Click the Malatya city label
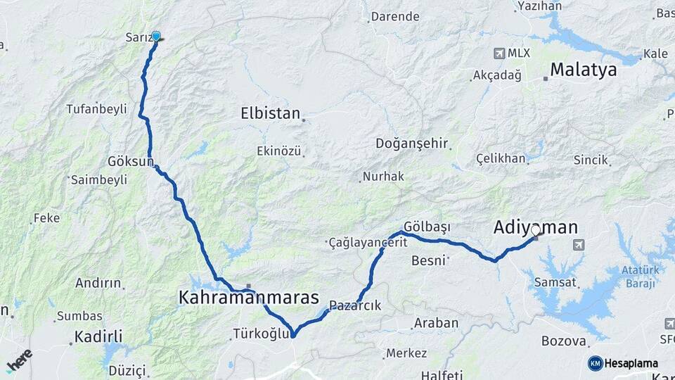click(583, 70)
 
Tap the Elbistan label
click(270, 113)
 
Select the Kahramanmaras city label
click(249, 298)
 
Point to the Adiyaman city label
click(536, 227)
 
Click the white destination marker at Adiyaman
click(536, 230)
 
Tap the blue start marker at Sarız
click(155, 37)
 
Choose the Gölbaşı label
click(427, 227)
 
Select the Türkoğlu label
click(261, 334)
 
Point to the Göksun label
click(131, 161)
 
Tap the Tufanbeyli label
click(96, 109)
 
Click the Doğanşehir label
click(412, 144)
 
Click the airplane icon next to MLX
click(499, 53)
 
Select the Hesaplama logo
click(623, 363)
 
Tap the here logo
click(19, 361)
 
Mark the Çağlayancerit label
click(368, 243)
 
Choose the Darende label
click(394, 16)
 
